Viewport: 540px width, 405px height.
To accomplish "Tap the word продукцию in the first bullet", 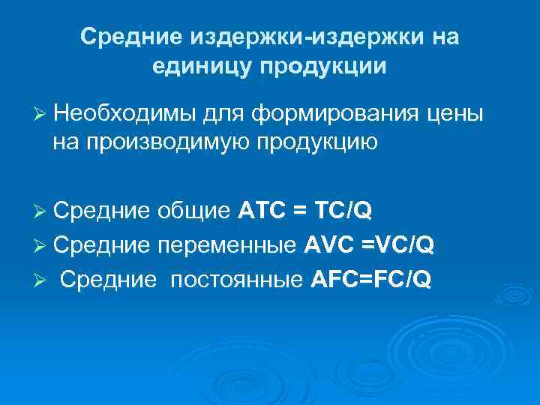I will [x=313, y=140].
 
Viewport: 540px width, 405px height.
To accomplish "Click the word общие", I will [x=194, y=211].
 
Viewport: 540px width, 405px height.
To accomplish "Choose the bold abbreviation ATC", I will [x=262, y=211].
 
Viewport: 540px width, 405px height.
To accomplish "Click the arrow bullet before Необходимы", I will [x=41, y=114].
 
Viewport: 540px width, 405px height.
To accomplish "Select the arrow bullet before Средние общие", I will [x=41, y=211].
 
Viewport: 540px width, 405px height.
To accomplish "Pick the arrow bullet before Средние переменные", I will [x=41, y=246].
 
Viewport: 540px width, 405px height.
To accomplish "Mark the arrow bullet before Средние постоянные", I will [x=41, y=280].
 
